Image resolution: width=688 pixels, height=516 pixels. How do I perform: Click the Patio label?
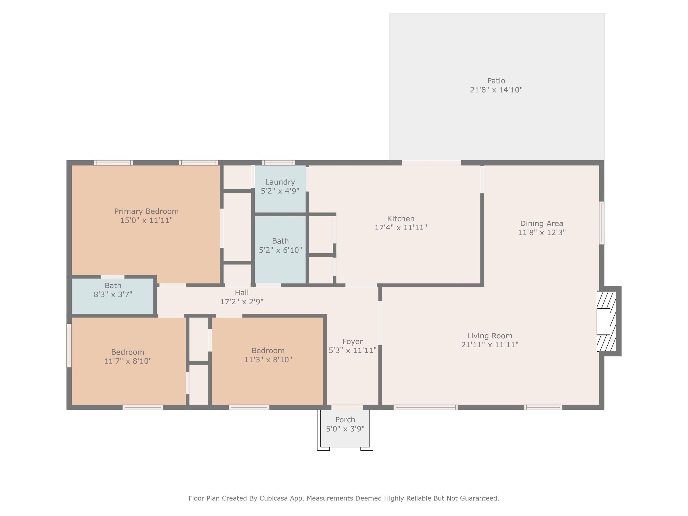pos(496,81)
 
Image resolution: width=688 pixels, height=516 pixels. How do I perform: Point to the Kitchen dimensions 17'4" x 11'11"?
pos(401,228)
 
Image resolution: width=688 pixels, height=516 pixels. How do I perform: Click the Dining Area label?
pos(542,224)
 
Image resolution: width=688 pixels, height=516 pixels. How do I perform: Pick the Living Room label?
pos(490,336)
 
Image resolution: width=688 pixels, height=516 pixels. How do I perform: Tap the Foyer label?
pos(352,342)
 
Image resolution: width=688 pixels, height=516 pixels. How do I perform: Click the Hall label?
pos(242,293)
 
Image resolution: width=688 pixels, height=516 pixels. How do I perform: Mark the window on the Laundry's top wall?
pos(278,163)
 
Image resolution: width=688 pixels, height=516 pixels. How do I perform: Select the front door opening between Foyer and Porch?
pos(347,407)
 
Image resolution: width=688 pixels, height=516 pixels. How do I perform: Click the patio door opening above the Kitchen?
pos(431,163)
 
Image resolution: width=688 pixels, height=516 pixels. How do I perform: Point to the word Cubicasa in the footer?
pos(274,498)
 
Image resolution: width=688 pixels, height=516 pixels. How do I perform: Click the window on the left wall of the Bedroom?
pos(69,345)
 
